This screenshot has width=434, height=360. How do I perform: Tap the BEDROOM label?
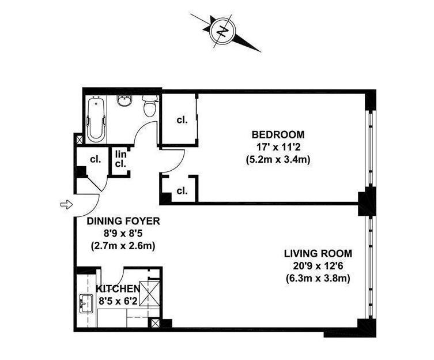tap(277, 134)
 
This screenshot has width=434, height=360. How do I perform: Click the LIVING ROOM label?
tap(318, 253)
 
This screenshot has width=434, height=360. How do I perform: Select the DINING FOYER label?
tap(123, 220)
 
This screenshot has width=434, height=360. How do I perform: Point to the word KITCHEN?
tap(117, 288)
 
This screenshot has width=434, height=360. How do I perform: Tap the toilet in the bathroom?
tap(149, 107)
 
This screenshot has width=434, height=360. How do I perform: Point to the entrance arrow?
tap(66, 204)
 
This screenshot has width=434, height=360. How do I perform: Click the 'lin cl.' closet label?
tap(121, 159)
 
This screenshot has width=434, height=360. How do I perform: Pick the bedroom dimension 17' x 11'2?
tap(277, 147)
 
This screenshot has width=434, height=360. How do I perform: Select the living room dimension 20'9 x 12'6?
tap(318, 266)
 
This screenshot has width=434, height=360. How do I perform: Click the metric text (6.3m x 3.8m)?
tap(318, 279)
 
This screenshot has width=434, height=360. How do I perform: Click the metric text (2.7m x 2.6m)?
tap(123, 245)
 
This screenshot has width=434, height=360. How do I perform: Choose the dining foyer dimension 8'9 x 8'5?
tap(123, 233)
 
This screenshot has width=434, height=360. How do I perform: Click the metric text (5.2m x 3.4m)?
tap(277, 159)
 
